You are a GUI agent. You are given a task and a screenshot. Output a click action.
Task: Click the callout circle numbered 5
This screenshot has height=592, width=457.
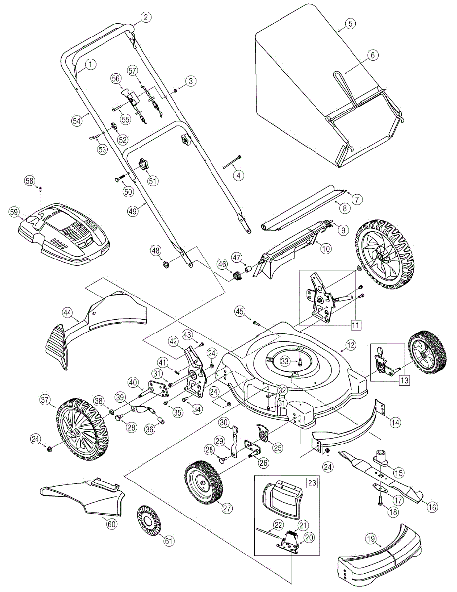coord(350,24)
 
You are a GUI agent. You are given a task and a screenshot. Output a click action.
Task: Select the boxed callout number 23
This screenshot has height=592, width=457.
coord(312,482)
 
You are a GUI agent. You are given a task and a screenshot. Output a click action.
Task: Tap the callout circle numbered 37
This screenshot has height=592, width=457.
coord(45,399)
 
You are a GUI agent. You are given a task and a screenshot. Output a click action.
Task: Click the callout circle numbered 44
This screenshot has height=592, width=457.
coord(68,312)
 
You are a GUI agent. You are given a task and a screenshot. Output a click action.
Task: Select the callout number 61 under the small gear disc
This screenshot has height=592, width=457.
coord(169,541)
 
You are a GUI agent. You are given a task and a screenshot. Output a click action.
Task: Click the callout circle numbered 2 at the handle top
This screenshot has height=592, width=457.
coord(145,17)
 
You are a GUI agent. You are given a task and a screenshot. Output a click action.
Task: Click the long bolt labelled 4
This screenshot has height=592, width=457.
coord(232,163)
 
